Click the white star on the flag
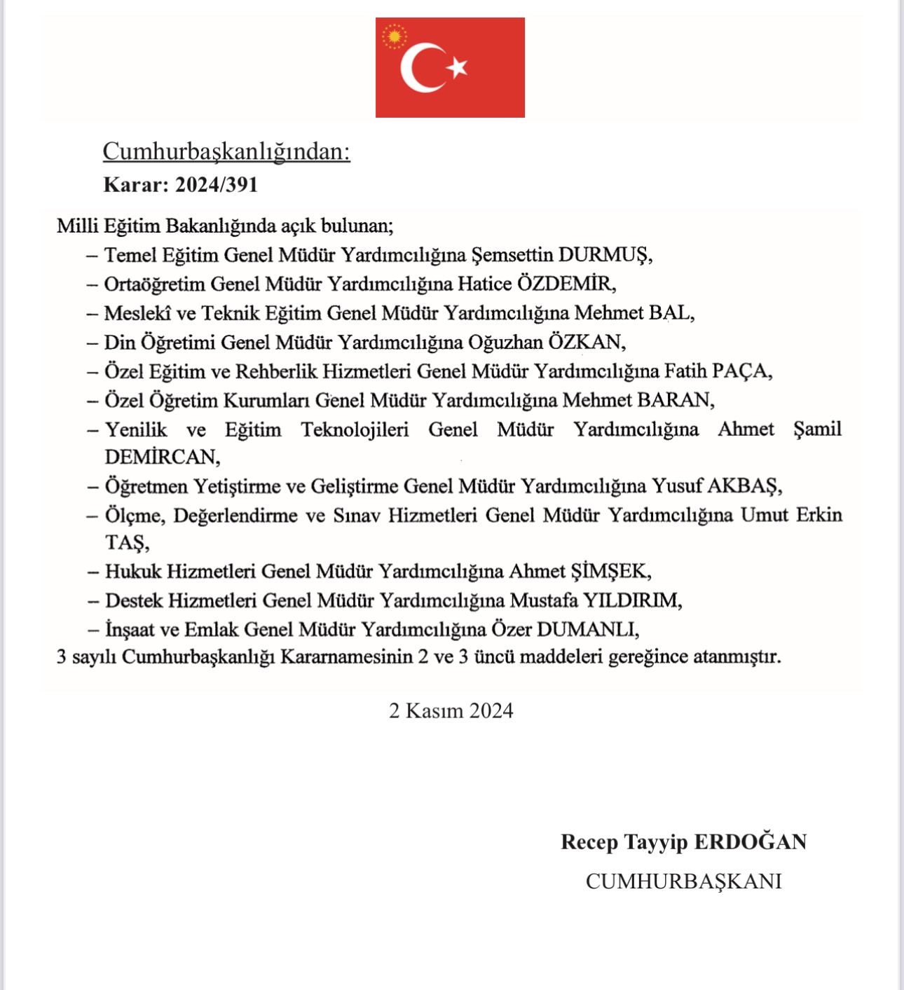coord(458,67)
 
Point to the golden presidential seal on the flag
coord(395,36)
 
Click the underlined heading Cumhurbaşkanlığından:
coord(226,151)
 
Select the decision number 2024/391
coord(217,185)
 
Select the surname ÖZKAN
coord(585,342)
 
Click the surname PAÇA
coord(740,371)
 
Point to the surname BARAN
coord(674,400)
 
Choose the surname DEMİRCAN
coord(160,457)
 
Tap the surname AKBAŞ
coord(743,486)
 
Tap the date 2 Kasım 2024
coord(451,710)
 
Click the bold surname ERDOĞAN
coord(751,841)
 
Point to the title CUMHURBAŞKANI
coord(683,881)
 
